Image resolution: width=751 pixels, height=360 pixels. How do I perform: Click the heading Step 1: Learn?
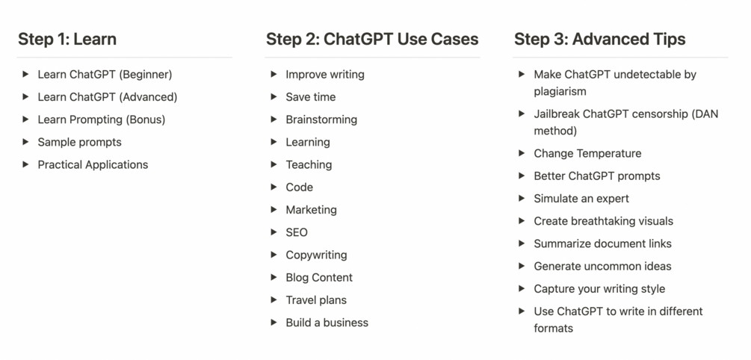pos(67,40)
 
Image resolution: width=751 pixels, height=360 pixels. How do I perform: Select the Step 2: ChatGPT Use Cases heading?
pos(372,40)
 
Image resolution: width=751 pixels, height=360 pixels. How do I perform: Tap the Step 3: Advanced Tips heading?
pos(599,40)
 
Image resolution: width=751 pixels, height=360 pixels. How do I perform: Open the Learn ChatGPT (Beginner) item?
pos(105,75)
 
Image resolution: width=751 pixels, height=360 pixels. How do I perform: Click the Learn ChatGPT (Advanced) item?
pos(108,97)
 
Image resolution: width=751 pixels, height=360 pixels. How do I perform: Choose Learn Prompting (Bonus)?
pos(102,120)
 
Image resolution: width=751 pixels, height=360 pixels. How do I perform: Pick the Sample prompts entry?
pos(79,142)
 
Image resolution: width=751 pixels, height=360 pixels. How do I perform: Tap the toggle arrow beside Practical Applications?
pos(26,164)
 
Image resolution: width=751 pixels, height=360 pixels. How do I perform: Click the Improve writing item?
pos(325,75)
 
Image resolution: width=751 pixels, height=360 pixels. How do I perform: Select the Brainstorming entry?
pos(321,120)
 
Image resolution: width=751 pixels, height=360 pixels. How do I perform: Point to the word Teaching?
pos(309,164)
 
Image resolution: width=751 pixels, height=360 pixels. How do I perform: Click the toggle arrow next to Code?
pos(274,187)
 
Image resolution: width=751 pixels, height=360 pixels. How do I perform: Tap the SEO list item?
pos(297,232)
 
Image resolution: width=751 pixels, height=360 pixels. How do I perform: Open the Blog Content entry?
pos(319,277)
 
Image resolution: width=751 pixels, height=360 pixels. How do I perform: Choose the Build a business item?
pos(327,323)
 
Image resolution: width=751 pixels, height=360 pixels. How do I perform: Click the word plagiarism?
pos(560,92)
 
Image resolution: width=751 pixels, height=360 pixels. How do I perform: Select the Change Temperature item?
pos(587,154)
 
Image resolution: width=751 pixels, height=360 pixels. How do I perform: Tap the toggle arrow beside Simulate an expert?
pos(522,199)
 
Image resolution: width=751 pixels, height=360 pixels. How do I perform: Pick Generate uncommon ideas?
pos(602,266)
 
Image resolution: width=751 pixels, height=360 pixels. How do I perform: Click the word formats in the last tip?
pos(553,329)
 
